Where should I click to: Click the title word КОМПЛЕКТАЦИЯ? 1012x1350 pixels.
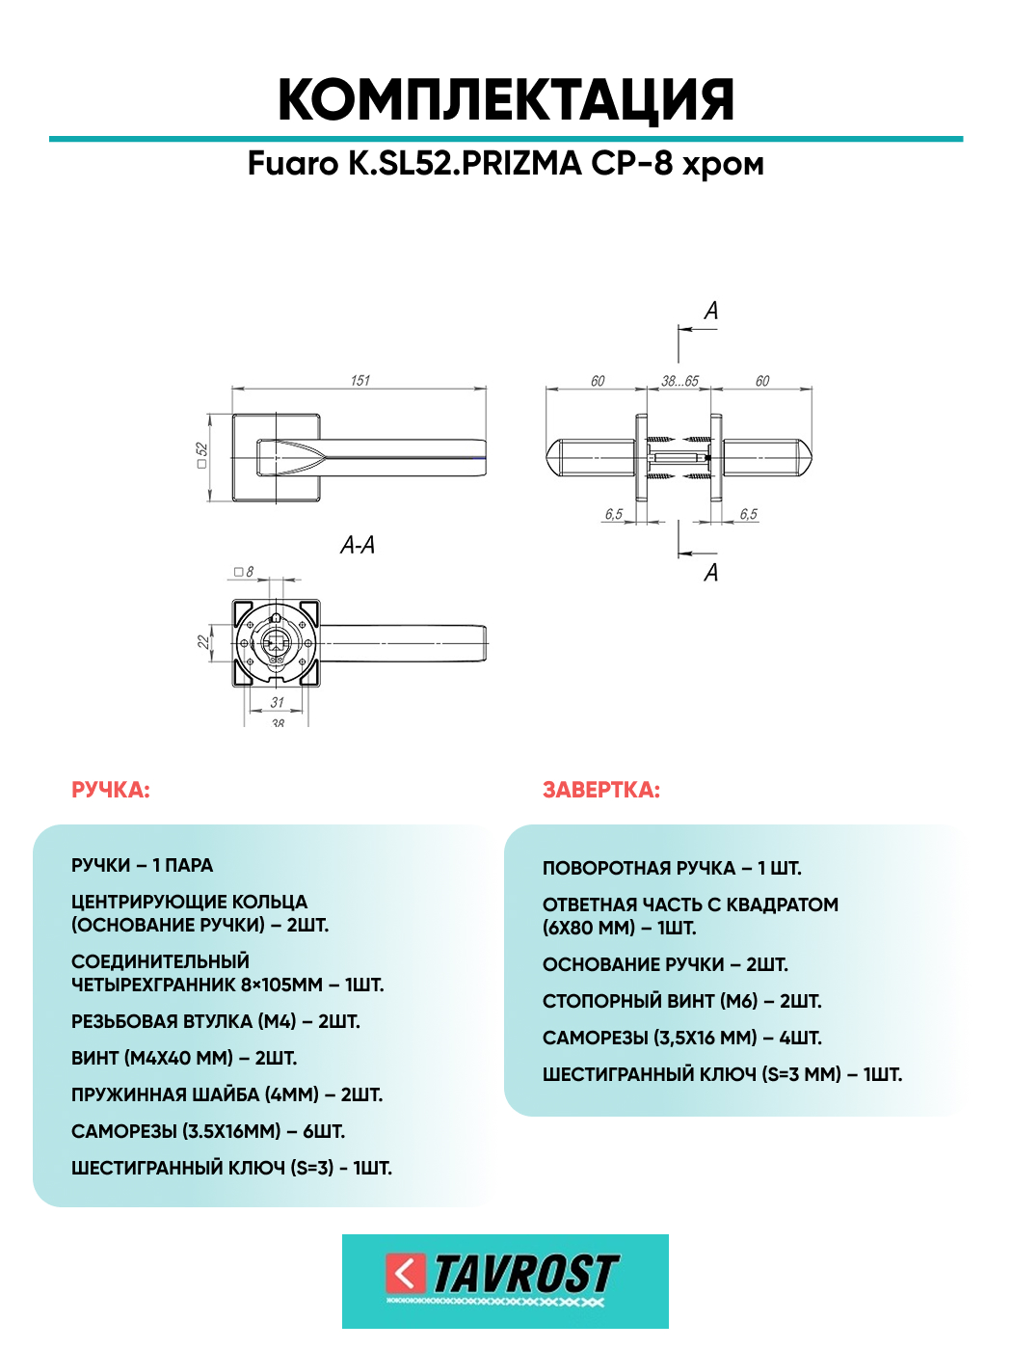[x=506, y=100]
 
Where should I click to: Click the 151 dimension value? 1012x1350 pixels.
[x=360, y=381]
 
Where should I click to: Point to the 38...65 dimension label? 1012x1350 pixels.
[x=679, y=381]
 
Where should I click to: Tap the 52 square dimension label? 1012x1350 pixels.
[x=202, y=455]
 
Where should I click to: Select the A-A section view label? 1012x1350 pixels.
[x=357, y=545]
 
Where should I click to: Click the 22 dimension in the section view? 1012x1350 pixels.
[x=203, y=642]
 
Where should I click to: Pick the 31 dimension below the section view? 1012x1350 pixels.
[x=278, y=702]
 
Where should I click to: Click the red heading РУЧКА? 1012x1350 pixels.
[x=111, y=791]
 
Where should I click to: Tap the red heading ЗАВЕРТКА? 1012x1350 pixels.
[x=600, y=791]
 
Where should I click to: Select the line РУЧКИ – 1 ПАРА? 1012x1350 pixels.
[x=142, y=865]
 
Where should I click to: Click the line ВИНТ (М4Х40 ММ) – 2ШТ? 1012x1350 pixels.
[x=184, y=1058]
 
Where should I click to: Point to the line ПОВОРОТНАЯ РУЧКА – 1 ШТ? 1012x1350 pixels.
[x=672, y=869]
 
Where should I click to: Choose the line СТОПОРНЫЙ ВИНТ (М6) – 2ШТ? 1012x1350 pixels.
[x=681, y=1001]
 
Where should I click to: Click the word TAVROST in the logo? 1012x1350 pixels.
[x=526, y=1274]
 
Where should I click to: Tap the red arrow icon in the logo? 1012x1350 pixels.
[x=405, y=1273]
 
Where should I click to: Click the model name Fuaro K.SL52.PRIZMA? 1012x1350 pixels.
[x=414, y=164]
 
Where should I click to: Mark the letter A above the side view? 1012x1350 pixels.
[x=711, y=310]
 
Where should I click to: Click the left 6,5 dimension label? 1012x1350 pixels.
[x=613, y=514]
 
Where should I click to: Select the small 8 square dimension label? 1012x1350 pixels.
[x=244, y=572]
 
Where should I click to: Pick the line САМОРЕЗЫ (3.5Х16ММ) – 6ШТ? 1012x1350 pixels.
[x=207, y=1132]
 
